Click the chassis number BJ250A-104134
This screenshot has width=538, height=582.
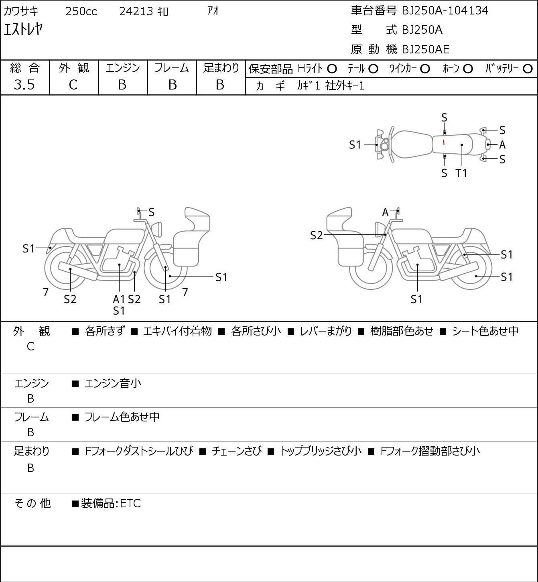pos(445,11)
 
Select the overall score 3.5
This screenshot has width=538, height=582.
pos(24,85)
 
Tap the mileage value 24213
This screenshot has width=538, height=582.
pos(136,11)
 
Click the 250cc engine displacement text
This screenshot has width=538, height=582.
pos(81,11)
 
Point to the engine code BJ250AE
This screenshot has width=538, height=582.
pos(426,49)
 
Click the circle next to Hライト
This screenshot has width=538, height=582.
pos(332,69)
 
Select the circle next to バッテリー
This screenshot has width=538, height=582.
pos(528,69)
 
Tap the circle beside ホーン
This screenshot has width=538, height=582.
pos(468,69)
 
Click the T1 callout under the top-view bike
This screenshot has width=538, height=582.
pos(461,173)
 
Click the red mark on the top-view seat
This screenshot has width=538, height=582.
pos(444,142)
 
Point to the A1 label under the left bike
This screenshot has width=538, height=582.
pos(119,299)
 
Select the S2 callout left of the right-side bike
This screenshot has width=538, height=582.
pos(317,235)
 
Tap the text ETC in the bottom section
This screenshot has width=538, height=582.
pos(130,503)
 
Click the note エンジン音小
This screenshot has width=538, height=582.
pos(113,383)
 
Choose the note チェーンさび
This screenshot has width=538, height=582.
pos(236,451)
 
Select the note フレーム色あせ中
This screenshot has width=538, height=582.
pos(122,417)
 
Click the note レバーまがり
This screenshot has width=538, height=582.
pos(326,331)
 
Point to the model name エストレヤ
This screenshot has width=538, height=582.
pos(23,30)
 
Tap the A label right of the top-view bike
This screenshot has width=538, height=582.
pos(502,145)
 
